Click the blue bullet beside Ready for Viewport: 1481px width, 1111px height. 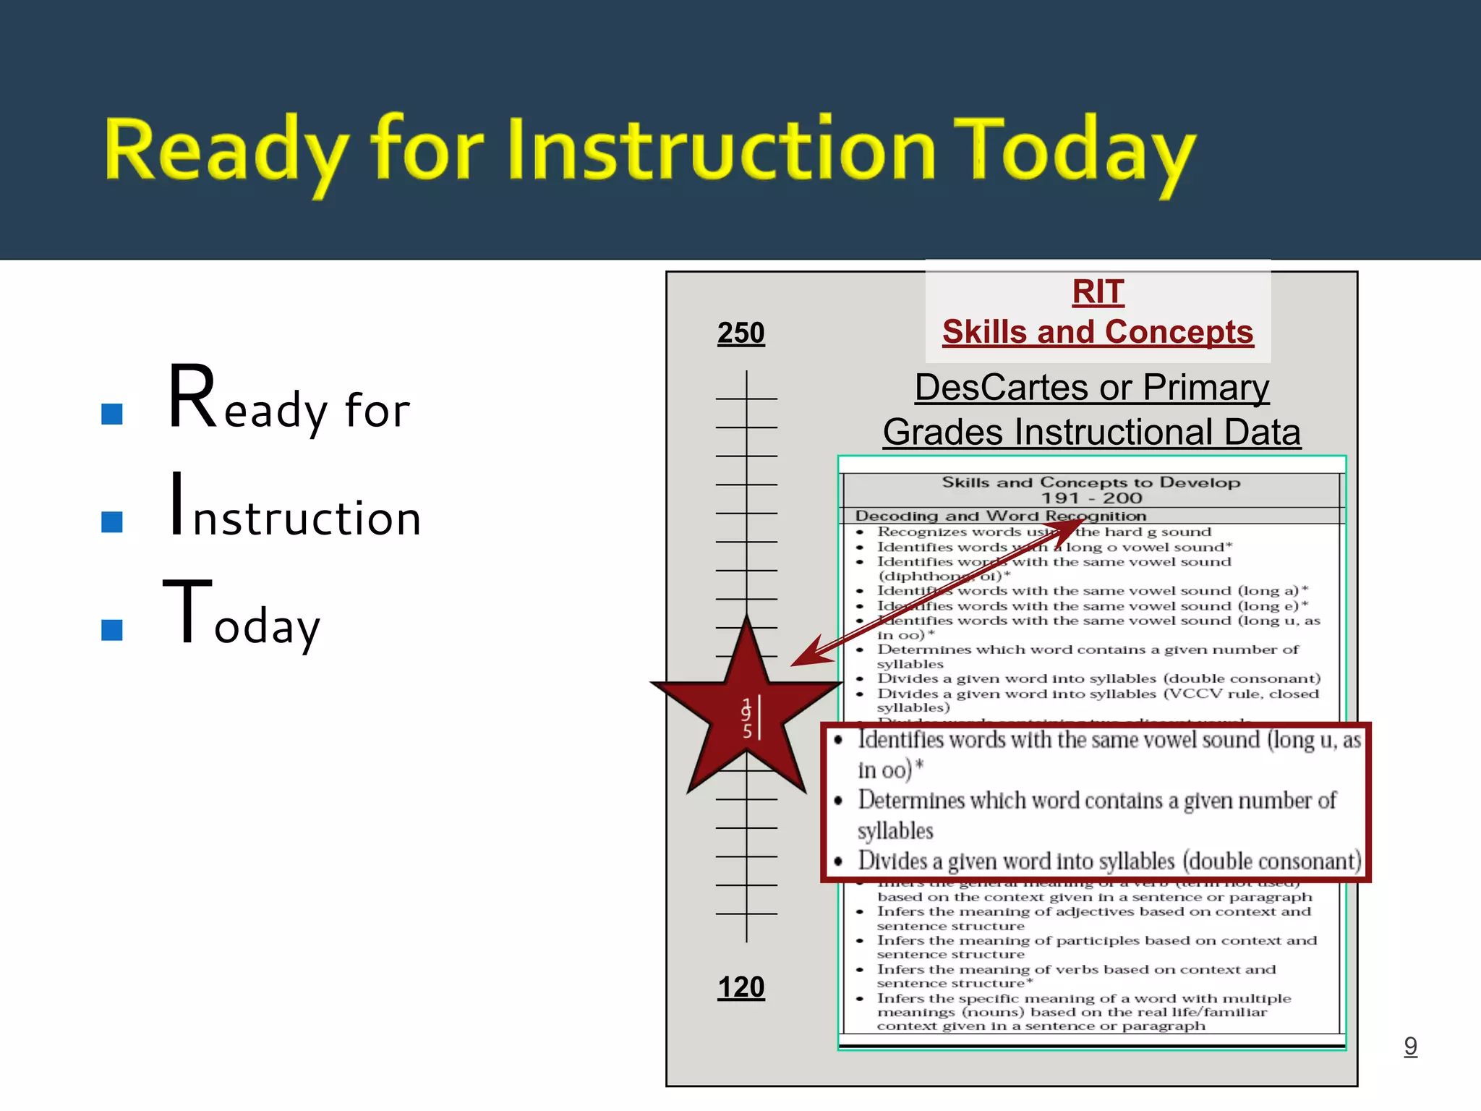coord(112,414)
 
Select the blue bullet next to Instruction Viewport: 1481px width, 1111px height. coord(112,522)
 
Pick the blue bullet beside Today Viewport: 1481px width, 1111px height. coord(112,629)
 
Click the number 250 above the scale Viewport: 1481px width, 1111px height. coord(740,333)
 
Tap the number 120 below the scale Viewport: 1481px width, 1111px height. coord(740,987)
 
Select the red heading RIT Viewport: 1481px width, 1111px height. coord(1098,292)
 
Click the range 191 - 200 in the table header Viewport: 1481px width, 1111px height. coord(1091,498)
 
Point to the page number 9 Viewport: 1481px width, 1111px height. coord(1410,1045)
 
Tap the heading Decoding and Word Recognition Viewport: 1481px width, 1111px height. coord(1000,516)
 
